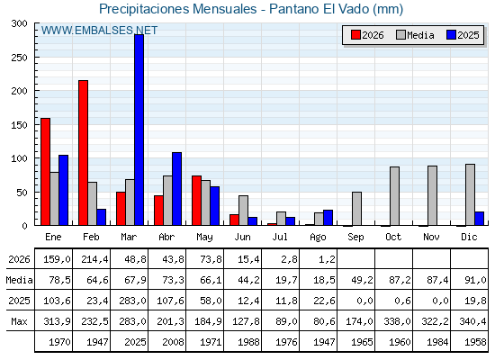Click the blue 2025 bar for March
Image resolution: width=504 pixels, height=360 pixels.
(x=139, y=130)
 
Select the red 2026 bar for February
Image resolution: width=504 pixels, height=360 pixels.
(x=83, y=153)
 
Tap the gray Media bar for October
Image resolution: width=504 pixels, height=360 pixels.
(x=395, y=196)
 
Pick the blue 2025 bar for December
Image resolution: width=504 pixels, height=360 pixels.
(x=479, y=219)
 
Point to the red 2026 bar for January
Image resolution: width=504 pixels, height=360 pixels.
(x=46, y=172)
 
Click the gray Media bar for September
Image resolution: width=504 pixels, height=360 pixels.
(x=356, y=209)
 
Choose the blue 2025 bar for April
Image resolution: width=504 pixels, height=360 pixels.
(x=176, y=189)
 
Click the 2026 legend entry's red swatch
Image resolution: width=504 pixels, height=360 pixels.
(x=355, y=35)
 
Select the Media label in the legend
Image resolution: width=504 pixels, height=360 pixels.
(x=420, y=35)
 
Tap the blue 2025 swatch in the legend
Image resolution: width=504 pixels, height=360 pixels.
(x=451, y=35)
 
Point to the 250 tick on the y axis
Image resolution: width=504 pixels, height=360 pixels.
(x=19, y=58)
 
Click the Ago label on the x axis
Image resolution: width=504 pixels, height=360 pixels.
(x=318, y=238)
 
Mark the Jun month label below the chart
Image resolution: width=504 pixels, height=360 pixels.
(x=242, y=237)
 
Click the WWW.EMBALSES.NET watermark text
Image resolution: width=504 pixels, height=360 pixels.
(x=99, y=31)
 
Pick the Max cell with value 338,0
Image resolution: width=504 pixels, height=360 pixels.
(x=397, y=321)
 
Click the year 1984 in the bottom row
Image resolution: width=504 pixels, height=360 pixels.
(x=437, y=342)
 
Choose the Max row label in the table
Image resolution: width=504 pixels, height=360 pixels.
(x=19, y=321)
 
